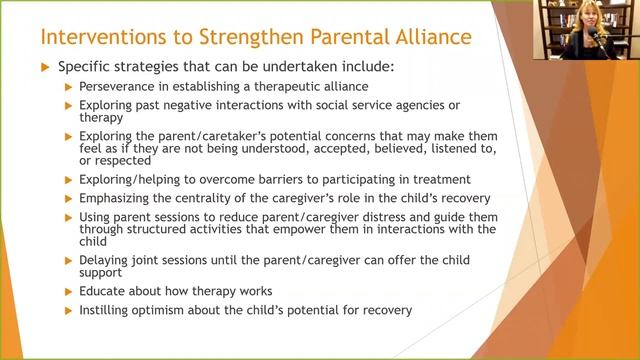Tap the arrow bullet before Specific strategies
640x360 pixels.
pos(44,67)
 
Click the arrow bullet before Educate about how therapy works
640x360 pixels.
pos(68,291)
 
